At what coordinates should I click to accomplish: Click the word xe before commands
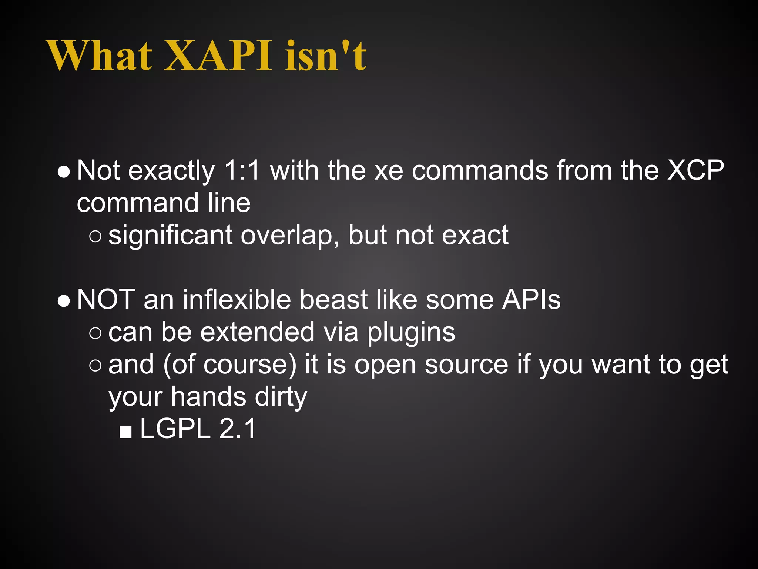[388, 171]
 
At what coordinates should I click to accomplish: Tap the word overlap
[289, 236]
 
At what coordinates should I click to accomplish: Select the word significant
[170, 236]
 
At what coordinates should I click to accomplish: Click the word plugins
[411, 332]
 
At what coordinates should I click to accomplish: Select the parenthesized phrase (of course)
[229, 365]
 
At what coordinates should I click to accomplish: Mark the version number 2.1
[237, 429]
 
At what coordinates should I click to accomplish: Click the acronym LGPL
[175, 429]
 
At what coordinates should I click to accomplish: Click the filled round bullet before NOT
[64, 302]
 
